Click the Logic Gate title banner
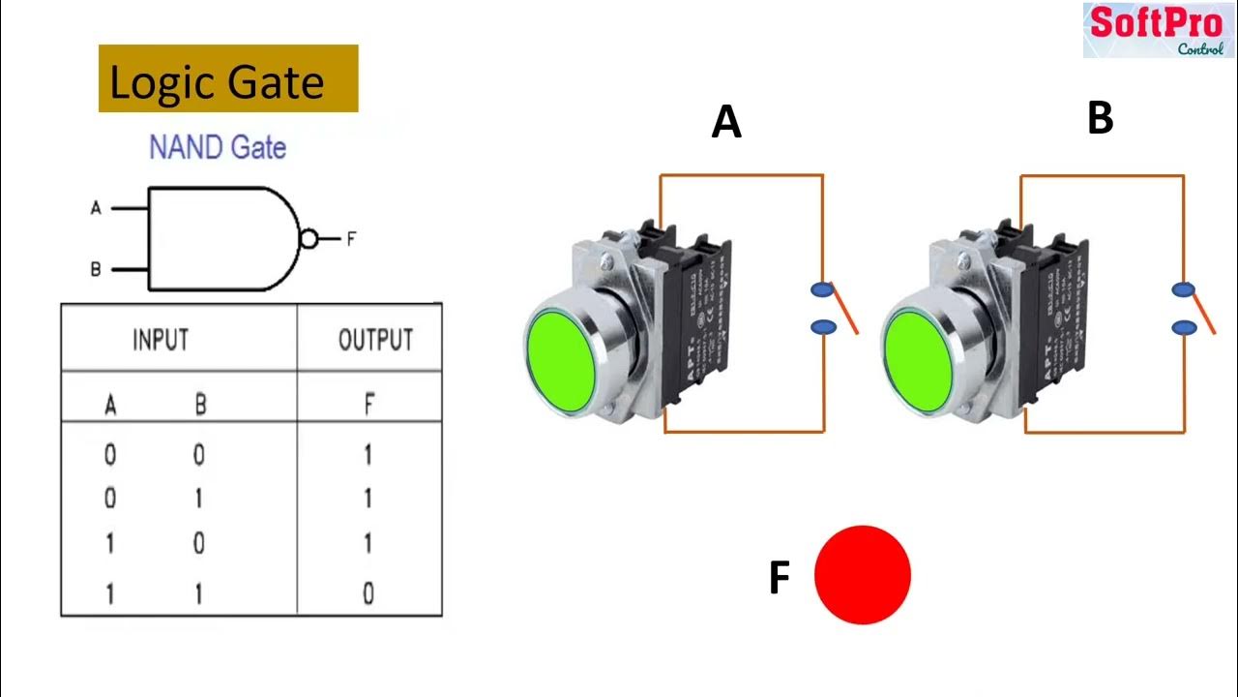(x=228, y=79)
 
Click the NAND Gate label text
(x=218, y=148)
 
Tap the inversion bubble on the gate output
(x=309, y=239)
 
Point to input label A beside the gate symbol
(x=96, y=208)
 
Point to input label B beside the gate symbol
(x=96, y=270)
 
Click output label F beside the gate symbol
(x=351, y=239)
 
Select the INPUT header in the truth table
(x=161, y=340)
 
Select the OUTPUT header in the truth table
(x=375, y=340)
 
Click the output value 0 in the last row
(x=368, y=593)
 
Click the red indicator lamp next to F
(x=863, y=575)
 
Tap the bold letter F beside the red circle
(x=780, y=579)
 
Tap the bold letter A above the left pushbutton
(x=726, y=123)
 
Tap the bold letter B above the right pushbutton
(x=1101, y=118)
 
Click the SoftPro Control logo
(x=1158, y=30)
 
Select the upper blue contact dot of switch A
(x=822, y=289)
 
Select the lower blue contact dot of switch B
(x=1184, y=329)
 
